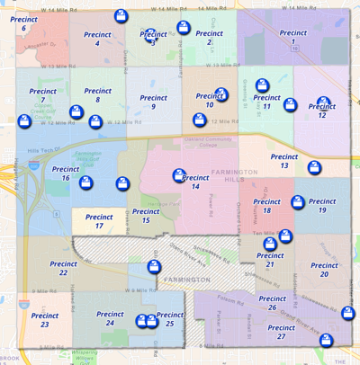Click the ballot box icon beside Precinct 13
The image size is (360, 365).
pyautogui.click(x=314, y=167)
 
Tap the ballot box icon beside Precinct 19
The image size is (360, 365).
pyautogui.click(x=298, y=204)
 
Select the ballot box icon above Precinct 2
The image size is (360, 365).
pyautogui.click(x=184, y=28)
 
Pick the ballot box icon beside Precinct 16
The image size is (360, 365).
pyautogui.click(x=86, y=182)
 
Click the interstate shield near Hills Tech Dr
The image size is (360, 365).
pyautogui.click(x=33, y=165)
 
